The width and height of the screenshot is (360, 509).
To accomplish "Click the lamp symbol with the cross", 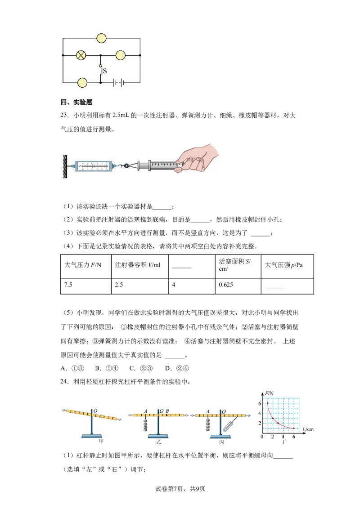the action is coord(81,55).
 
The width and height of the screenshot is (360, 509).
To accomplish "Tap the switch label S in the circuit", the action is coord(104,71).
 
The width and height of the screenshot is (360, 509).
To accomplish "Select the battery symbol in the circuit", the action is coord(119,83).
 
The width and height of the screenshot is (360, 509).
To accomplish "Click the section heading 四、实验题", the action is coord(76,102).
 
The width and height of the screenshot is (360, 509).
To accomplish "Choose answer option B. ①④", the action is coord(107,368).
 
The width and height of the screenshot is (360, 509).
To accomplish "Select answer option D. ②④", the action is coord(177,368).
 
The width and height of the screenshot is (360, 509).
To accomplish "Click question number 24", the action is coord(64,382).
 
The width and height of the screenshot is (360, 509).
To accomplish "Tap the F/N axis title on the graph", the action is coord(269,393).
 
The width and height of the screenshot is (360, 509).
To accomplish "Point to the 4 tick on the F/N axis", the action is coord(260,413).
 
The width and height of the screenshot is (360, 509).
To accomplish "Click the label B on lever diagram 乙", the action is coord(167,411).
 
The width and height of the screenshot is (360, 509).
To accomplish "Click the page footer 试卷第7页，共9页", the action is coord(180,489).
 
